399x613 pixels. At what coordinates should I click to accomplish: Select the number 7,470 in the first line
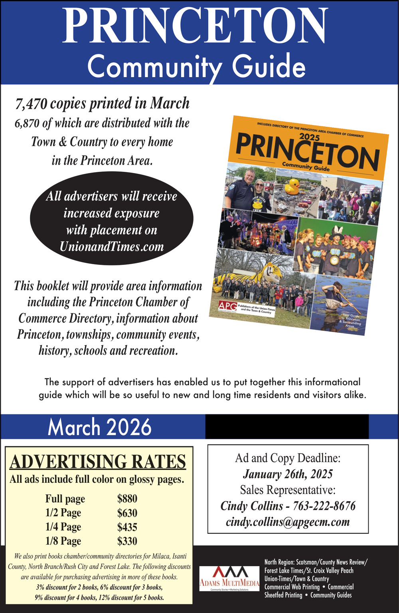tap(32, 104)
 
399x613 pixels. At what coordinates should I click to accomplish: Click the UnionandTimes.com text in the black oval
tap(112, 247)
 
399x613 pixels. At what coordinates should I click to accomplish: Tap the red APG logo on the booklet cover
tap(227, 306)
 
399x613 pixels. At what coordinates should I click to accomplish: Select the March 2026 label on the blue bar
tap(99, 427)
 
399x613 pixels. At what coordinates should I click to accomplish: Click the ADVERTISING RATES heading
tap(98, 462)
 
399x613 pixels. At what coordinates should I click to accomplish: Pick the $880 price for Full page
tap(127, 499)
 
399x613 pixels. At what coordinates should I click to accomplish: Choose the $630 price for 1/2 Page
tap(127, 513)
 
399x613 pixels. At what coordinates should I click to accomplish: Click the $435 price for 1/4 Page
tap(127, 527)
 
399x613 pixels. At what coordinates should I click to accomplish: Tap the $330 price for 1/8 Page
tap(127, 541)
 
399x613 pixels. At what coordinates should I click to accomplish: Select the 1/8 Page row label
tap(63, 541)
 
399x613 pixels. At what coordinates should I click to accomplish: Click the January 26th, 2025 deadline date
tap(288, 474)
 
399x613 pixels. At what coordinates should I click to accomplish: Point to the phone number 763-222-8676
tap(324, 506)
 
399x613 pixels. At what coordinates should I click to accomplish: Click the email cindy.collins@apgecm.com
tap(288, 522)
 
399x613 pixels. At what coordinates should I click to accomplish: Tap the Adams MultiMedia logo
tap(229, 578)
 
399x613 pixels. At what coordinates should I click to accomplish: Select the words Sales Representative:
tap(288, 490)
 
